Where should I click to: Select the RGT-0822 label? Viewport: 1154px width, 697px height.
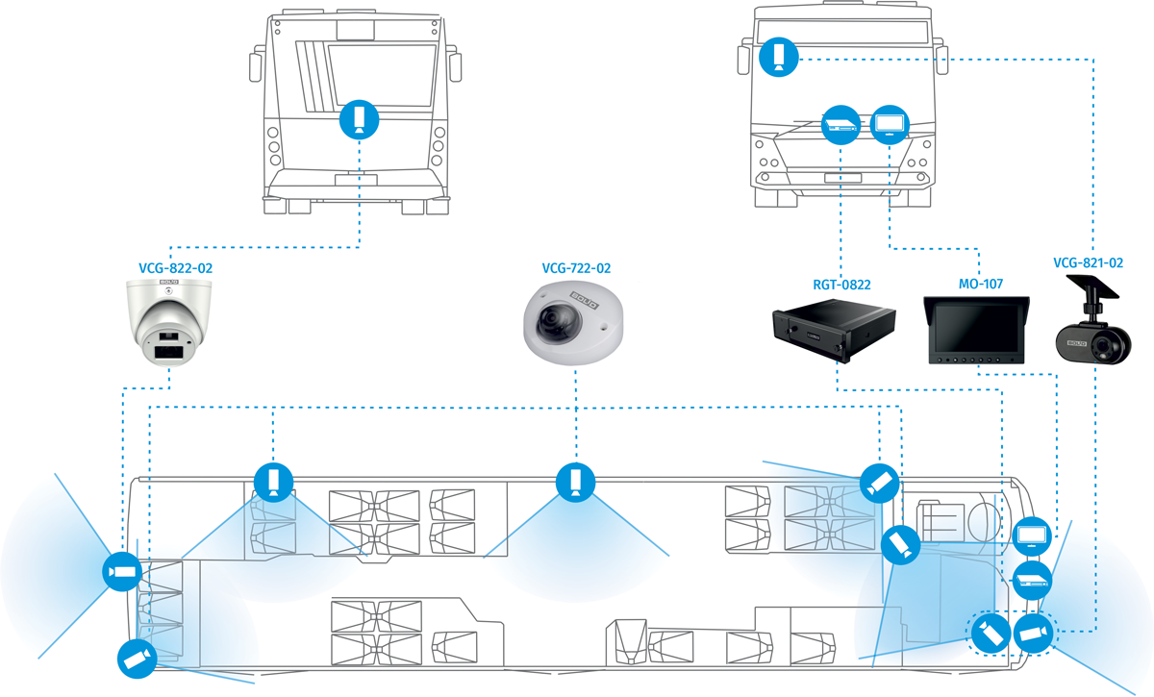pos(840,284)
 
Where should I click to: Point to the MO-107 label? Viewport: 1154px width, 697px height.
pos(977,284)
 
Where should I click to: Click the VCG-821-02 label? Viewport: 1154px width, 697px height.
pos(1088,262)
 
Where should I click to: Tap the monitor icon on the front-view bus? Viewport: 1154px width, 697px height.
pos(889,125)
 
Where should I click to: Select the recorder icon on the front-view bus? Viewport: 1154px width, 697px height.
pos(840,125)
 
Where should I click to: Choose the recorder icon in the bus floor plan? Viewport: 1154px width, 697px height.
pos(1031,581)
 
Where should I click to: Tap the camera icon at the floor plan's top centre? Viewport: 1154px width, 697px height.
pos(575,481)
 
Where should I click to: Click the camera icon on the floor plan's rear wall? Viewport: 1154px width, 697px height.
pos(121,572)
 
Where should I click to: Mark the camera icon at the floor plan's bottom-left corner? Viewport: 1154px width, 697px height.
pos(136,659)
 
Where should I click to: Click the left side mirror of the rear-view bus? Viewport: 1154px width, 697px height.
pos(255,65)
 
